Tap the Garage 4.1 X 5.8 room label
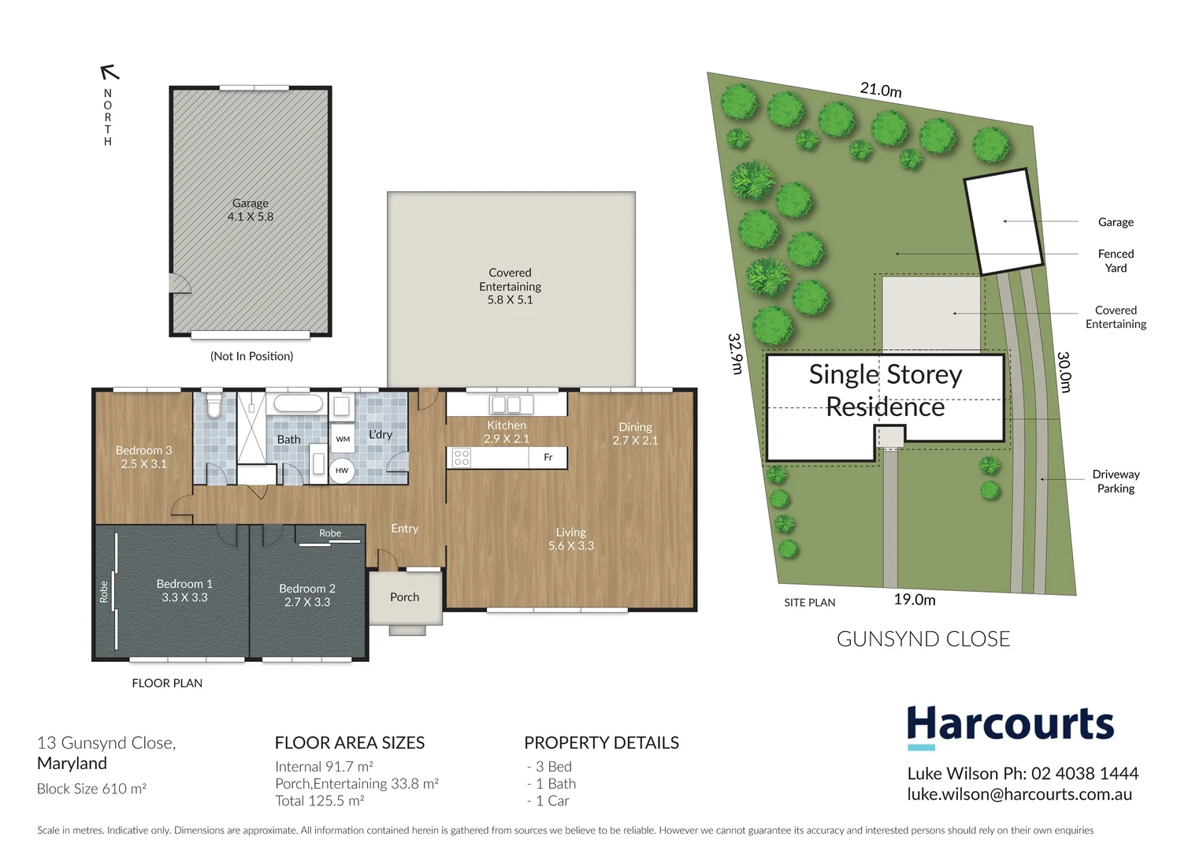[x=251, y=210]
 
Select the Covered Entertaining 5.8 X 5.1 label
[x=510, y=286]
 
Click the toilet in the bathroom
[x=213, y=406]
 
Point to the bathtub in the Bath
[x=298, y=404]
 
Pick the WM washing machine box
[x=343, y=439]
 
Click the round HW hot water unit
[x=342, y=470]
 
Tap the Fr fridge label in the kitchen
[x=548, y=457]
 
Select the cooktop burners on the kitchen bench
[x=462, y=458]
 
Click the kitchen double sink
[x=506, y=405]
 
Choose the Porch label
[x=404, y=597]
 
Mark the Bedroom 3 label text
[x=143, y=457]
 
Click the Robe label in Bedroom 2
[x=330, y=533]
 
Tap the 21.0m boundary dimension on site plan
[x=881, y=90]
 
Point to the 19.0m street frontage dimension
[x=915, y=600]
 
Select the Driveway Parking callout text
[x=1116, y=481]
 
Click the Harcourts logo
[x=1011, y=725]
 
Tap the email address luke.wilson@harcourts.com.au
[x=1019, y=794]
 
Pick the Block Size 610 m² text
[x=91, y=789]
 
